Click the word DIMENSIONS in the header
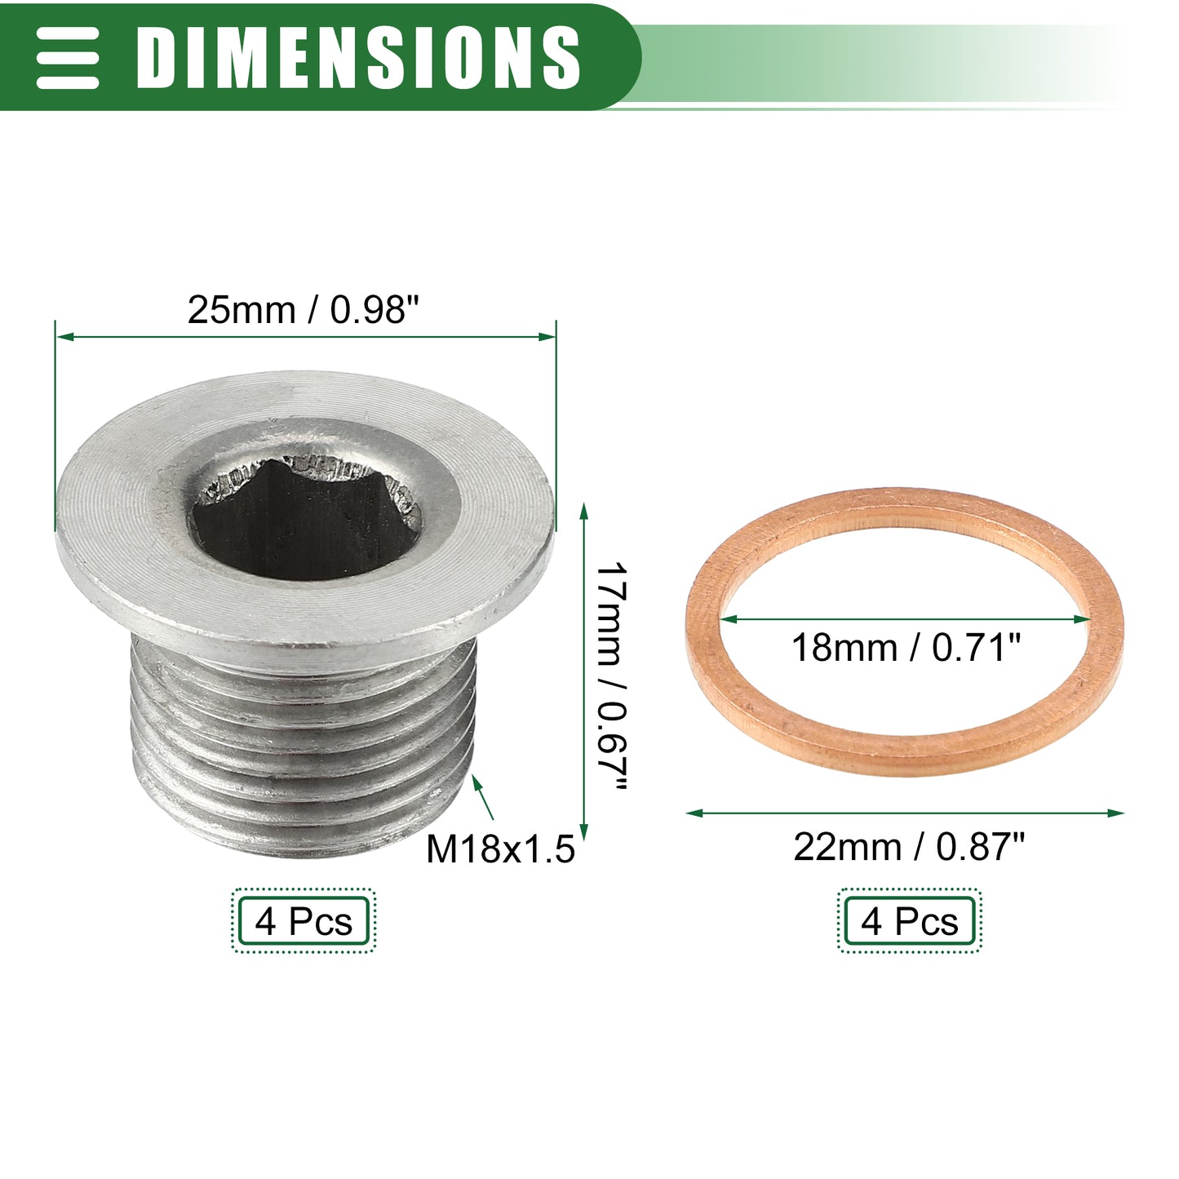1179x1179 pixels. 357,58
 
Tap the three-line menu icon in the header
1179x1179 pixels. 67,58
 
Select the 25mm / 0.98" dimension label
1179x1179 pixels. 304,309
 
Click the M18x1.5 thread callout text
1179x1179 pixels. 500,849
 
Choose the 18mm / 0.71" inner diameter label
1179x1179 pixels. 906,648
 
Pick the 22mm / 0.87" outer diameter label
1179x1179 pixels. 909,848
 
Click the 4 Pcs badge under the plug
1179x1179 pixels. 304,921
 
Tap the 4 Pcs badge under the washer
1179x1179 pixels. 910,921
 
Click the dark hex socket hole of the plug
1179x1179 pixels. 306,520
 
